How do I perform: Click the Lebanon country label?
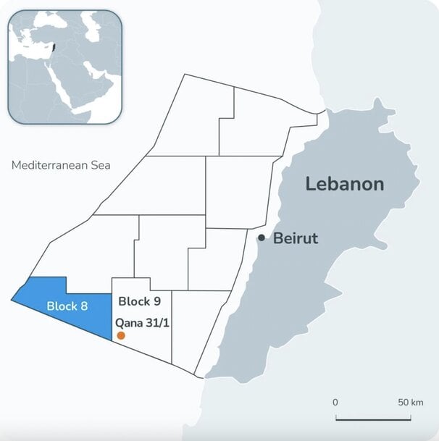(x=344, y=184)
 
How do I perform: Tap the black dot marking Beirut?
(x=262, y=238)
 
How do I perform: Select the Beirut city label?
(x=296, y=238)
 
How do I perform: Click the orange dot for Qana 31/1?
(x=121, y=335)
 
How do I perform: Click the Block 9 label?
(x=139, y=301)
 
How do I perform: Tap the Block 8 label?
(x=67, y=306)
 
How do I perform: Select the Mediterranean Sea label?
(x=61, y=165)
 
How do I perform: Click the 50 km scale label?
(x=411, y=402)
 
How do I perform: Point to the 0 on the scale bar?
(x=335, y=402)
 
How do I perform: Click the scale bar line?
(x=373, y=418)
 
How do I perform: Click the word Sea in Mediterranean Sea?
(x=100, y=165)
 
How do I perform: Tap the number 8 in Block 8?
(x=84, y=306)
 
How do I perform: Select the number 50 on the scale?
(x=404, y=402)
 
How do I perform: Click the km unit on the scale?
(x=417, y=402)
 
